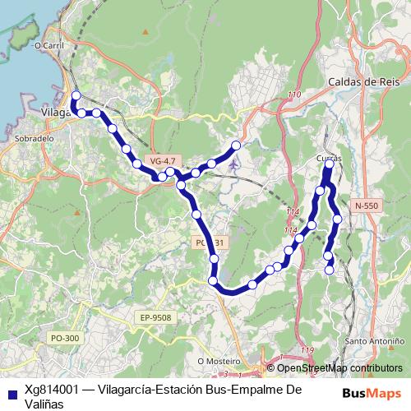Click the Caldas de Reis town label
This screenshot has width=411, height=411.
[x=363, y=82]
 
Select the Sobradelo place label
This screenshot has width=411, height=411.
[x=32, y=139]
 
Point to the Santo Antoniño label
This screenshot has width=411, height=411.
[x=374, y=340]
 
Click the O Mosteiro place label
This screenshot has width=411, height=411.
[x=219, y=360]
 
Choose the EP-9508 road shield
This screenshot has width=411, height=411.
[x=155, y=317]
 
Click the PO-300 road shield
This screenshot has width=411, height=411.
[x=65, y=338]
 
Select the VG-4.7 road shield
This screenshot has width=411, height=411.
[x=164, y=159]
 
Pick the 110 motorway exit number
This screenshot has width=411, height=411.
[x=294, y=96]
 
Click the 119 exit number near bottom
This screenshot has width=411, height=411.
[x=307, y=351]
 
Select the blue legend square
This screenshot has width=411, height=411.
[x=11, y=392]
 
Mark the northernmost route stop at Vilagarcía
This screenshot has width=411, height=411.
[x=76, y=95]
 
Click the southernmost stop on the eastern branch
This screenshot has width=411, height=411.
[x=330, y=270]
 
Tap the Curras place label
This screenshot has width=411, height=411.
[x=328, y=158]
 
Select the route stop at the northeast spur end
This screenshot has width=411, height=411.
[x=236, y=145]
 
